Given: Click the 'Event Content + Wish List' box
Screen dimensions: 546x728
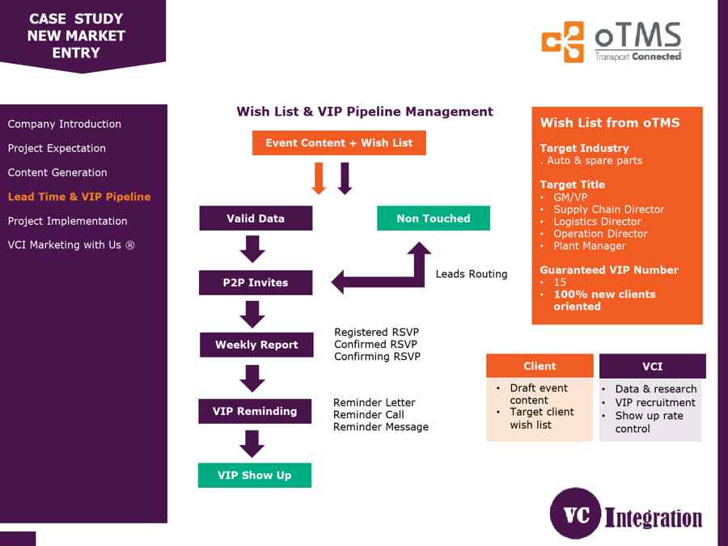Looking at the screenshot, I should (x=339, y=143).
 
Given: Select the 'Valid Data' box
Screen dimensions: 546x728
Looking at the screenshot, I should (x=256, y=218).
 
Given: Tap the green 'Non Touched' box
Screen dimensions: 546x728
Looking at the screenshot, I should (x=433, y=218).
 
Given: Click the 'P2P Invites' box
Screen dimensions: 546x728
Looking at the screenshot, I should (x=256, y=282).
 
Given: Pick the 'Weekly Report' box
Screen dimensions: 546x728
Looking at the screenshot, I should (x=256, y=345).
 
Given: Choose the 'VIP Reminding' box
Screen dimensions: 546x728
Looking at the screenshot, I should (x=255, y=411).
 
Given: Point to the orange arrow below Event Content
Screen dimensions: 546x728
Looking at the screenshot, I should (x=319, y=178).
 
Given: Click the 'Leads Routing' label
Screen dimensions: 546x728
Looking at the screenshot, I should (x=472, y=274).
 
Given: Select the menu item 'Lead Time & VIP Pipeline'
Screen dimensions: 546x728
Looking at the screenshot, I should (x=79, y=197).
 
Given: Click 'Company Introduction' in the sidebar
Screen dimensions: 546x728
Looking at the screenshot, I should (x=65, y=124).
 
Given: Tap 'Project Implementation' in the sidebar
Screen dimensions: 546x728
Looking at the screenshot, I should (x=67, y=221).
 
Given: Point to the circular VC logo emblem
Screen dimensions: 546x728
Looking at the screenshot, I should (x=575, y=514).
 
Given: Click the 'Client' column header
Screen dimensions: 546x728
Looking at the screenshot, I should (x=540, y=366).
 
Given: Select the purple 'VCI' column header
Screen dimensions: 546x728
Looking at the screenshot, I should (x=652, y=366).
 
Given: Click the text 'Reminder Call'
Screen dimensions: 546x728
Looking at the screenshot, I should (x=369, y=415).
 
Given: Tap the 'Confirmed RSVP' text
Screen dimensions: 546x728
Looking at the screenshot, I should (x=376, y=345).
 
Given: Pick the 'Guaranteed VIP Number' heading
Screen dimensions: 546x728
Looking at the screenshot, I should (x=609, y=270).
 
